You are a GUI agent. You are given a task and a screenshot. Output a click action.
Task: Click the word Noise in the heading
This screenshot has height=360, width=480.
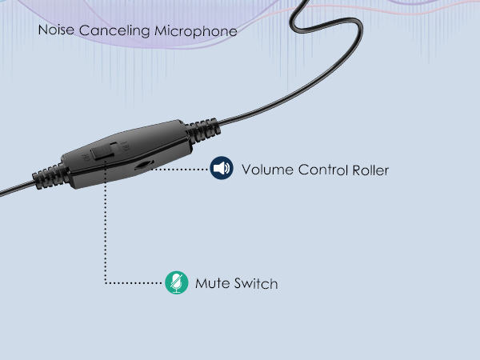coord(56,30)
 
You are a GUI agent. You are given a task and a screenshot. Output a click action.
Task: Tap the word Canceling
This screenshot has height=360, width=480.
coord(114,31)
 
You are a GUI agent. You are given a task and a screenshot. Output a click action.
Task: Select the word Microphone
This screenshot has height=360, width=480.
coord(196,31)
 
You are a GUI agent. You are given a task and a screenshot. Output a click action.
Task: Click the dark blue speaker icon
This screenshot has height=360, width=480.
coord(222,168)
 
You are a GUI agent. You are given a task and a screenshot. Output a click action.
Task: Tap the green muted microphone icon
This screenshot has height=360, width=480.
coord(177,282)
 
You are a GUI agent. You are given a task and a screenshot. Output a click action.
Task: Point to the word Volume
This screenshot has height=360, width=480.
coord(267,170)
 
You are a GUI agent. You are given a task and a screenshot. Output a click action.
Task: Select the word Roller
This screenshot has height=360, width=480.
coord(370,170)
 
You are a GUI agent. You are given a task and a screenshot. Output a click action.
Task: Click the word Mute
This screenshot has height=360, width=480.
coord(213,283)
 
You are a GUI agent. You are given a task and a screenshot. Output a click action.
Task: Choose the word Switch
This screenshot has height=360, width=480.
coord(256,283)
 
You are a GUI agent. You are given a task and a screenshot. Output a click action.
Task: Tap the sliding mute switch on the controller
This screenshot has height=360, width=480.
coord(103,151)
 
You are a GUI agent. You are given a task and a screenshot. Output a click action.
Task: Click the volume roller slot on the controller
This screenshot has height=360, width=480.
coord(144,165)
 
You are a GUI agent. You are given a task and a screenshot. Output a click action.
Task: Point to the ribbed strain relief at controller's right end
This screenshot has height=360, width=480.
coord(203,130)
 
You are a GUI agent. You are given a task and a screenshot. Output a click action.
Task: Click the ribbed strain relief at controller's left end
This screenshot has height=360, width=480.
coord(49,177)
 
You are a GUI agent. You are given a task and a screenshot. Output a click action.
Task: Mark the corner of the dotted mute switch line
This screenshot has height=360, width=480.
coord(106,283)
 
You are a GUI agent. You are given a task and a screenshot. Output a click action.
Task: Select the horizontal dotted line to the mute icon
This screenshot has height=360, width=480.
coord(134,283)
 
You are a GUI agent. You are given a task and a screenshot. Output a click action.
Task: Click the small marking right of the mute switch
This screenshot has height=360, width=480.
coord(126,146)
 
